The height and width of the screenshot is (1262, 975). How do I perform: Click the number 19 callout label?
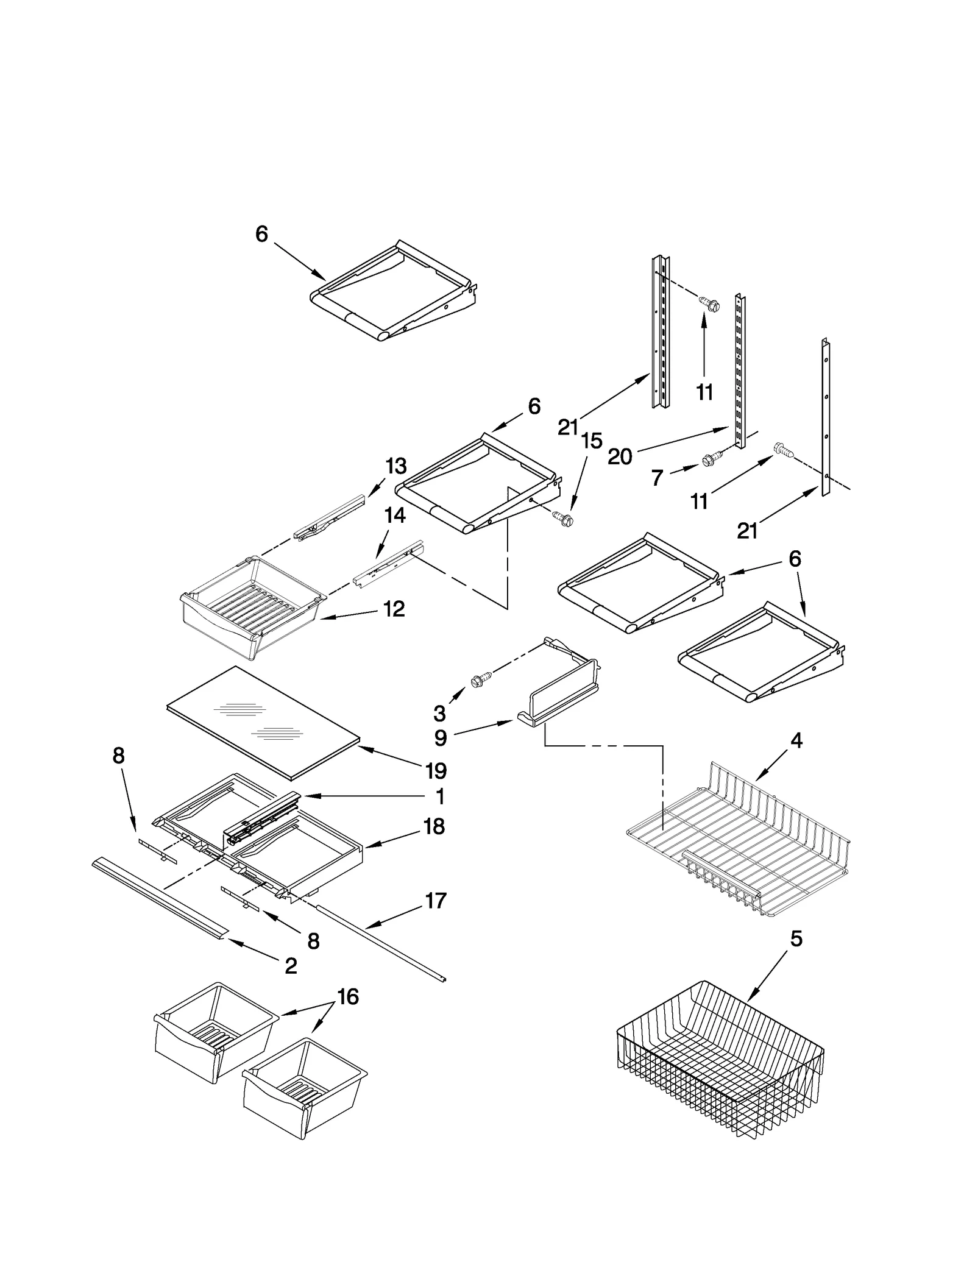pos(436,771)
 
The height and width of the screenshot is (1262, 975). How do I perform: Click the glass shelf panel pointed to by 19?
pos(262,722)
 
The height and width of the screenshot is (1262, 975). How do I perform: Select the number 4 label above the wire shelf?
pos(796,741)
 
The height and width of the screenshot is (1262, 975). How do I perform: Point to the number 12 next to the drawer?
pos(394,609)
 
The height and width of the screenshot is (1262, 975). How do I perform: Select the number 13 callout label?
pos(396,466)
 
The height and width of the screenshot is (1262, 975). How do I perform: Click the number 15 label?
pos(591,441)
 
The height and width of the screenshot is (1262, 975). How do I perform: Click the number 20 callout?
pos(620,456)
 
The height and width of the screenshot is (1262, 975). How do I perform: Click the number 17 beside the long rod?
pos(436,901)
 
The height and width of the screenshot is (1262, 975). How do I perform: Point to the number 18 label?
pos(434,827)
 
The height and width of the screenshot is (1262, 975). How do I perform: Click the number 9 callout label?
pos(441,738)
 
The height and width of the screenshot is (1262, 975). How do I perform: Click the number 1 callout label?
pos(440,796)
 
